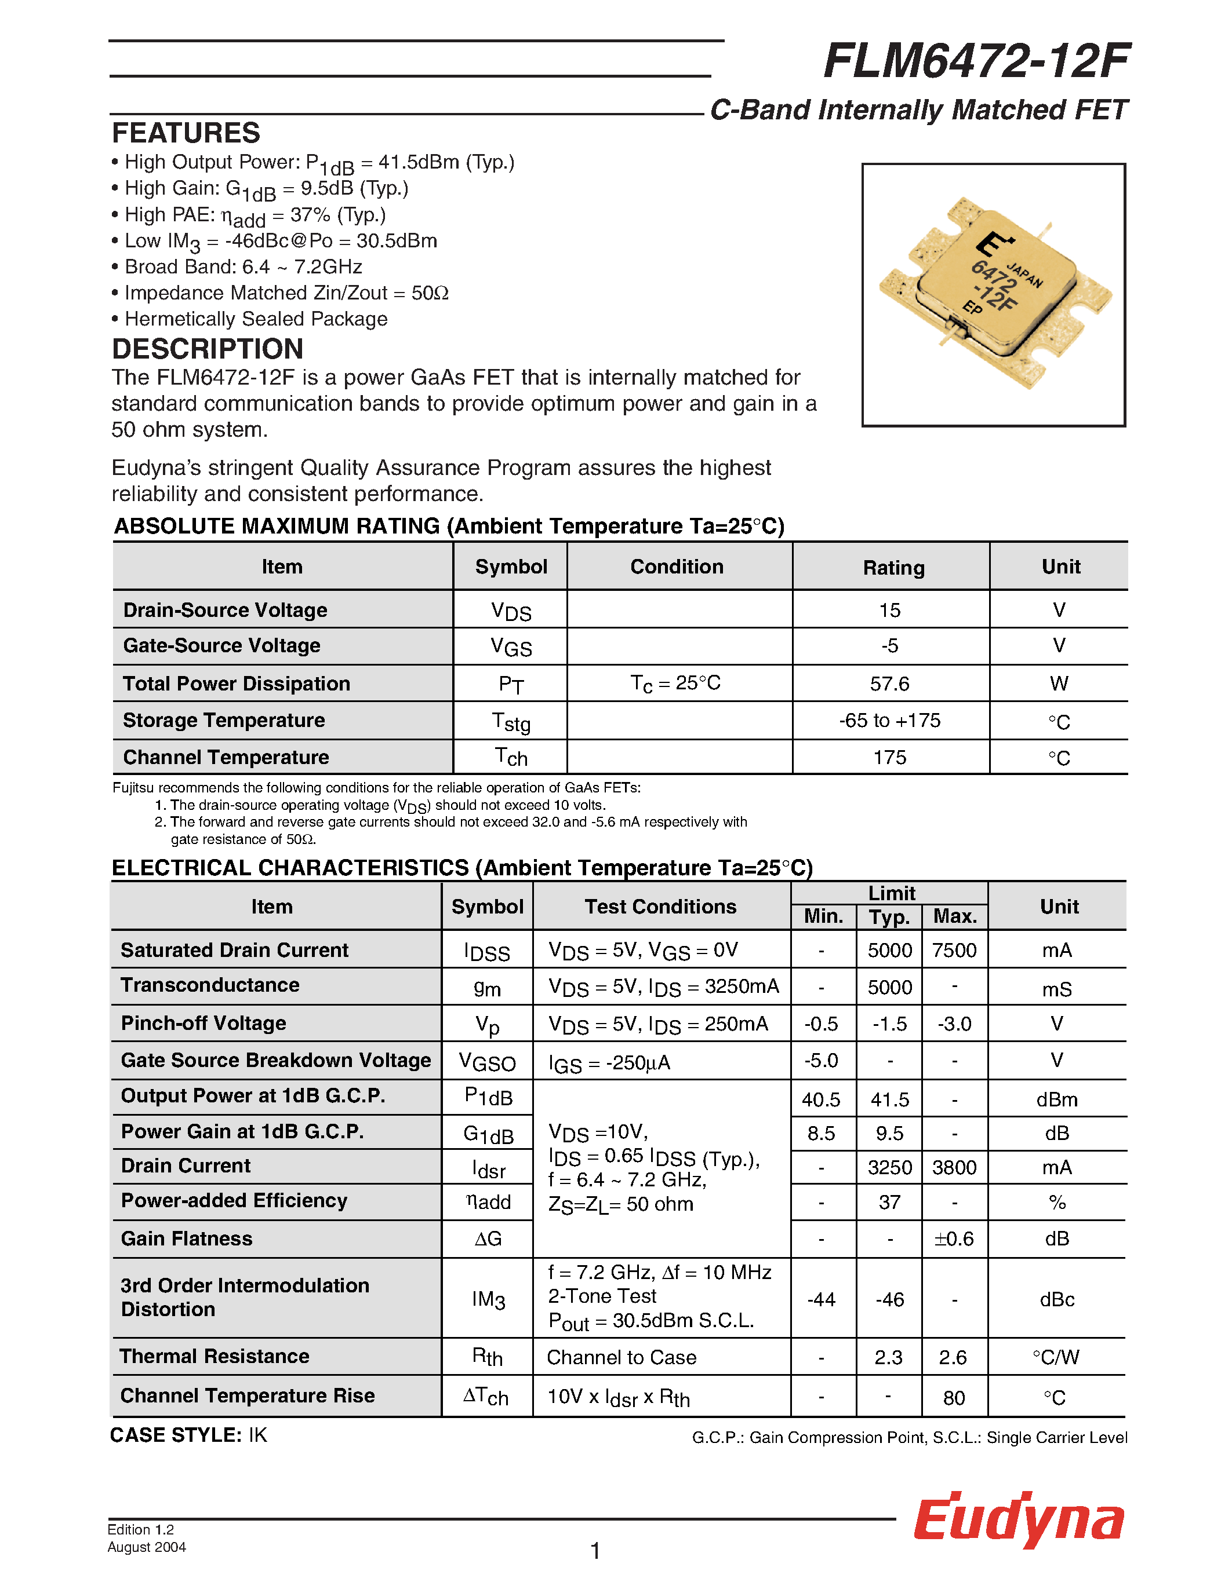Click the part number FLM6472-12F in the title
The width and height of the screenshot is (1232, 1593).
[976, 61]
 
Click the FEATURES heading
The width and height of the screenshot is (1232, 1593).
[186, 133]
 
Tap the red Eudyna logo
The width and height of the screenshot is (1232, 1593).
[1019, 1520]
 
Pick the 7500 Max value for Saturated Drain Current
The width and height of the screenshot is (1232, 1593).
[953, 951]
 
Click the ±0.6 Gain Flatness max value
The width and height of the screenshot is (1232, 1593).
[953, 1238]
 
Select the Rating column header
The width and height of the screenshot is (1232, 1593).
[893, 568]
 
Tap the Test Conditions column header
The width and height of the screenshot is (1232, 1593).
[660, 907]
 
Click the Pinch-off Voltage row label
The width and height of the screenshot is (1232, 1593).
[203, 1024]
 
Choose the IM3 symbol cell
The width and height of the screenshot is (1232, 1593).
[488, 1299]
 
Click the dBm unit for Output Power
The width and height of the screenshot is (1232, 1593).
[1056, 1100]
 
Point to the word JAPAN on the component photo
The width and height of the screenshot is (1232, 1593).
[1024, 273]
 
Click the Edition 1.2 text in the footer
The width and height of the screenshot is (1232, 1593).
[141, 1529]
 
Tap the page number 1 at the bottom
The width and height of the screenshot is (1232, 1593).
[595, 1551]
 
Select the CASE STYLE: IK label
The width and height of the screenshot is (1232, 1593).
[188, 1435]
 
